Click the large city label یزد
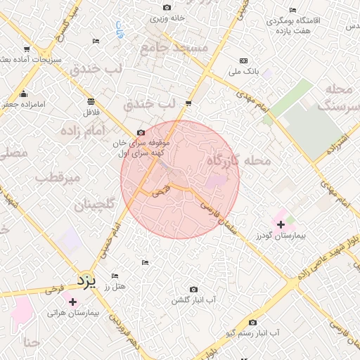coord(85,281)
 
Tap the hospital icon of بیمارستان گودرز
coord(281,225)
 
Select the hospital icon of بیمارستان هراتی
coord(72,301)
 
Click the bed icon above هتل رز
coord(115,276)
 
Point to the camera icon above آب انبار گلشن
coord(194,289)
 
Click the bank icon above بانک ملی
coord(244,61)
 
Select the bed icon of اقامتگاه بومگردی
coord(293,11)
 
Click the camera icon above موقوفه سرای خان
coord(141,132)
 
